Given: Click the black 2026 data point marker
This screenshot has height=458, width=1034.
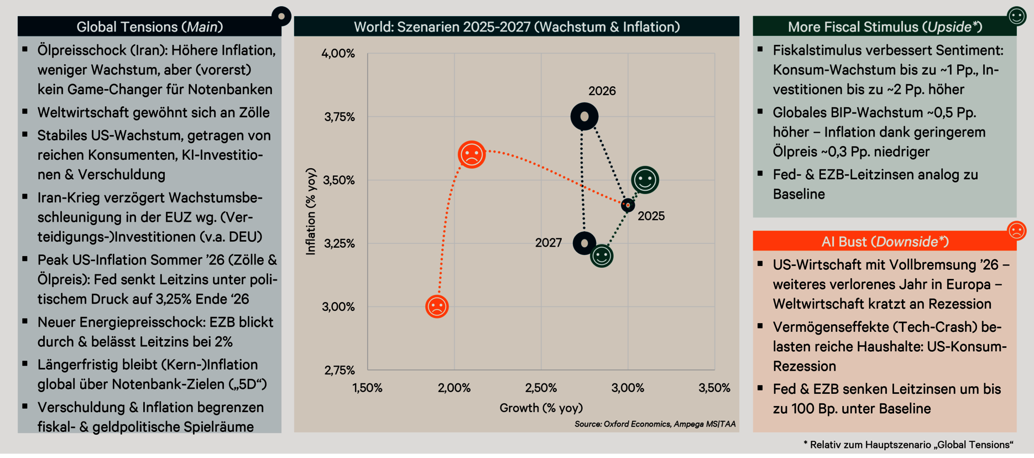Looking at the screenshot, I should (584, 117).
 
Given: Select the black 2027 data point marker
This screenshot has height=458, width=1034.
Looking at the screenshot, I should (584, 243).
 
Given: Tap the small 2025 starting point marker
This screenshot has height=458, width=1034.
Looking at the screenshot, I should (628, 205).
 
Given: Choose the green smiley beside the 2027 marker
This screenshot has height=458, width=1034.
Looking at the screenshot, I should (602, 256).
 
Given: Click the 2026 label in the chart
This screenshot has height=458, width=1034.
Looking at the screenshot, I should (602, 91).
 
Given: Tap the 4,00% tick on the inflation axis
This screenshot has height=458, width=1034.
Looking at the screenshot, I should (338, 54).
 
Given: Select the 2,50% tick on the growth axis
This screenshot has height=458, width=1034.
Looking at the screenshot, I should (541, 388).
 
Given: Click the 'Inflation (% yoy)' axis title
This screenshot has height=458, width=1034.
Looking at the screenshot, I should (311, 211).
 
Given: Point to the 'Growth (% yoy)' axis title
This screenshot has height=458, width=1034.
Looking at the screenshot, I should (541, 408).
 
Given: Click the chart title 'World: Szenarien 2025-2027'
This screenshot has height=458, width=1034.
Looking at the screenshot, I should (516, 27).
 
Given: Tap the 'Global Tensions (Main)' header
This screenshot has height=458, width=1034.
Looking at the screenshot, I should (149, 27).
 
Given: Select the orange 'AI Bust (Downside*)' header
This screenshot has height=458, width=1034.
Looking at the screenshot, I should (884, 241).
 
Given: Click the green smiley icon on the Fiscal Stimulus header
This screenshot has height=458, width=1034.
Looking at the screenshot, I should (1016, 16).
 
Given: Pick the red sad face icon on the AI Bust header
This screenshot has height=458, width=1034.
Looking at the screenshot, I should (1016, 231).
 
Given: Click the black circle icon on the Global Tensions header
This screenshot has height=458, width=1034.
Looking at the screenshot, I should (281, 17).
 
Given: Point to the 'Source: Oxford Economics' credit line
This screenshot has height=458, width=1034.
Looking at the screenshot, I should (655, 424).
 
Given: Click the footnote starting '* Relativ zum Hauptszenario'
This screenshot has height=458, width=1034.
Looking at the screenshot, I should (908, 445).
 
